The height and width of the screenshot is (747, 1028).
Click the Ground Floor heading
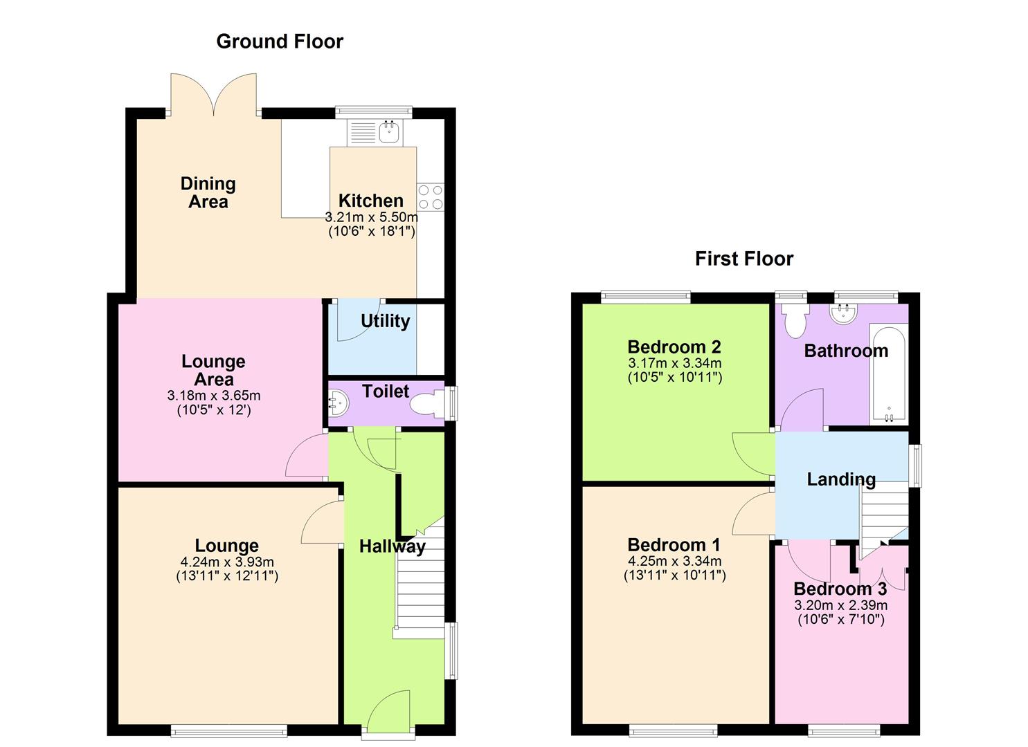tap(280, 41)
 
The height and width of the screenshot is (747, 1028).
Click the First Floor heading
tap(744, 259)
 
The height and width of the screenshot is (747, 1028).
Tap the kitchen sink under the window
tap(390, 131)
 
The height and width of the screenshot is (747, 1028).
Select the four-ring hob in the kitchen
tap(430, 197)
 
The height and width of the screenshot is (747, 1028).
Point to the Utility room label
tap(385, 321)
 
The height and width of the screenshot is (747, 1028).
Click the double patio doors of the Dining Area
tap(214, 94)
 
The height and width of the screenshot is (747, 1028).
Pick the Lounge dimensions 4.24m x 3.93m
tap(226, 562)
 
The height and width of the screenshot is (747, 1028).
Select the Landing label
tap(841, 479)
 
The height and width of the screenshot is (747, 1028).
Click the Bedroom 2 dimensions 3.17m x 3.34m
tap(674, 363)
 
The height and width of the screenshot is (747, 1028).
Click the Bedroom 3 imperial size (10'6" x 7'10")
tap(840, 620)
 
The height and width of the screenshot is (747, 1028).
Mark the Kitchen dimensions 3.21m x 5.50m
tap(371, 216)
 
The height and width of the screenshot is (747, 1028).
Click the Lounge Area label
tap(213, 370)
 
